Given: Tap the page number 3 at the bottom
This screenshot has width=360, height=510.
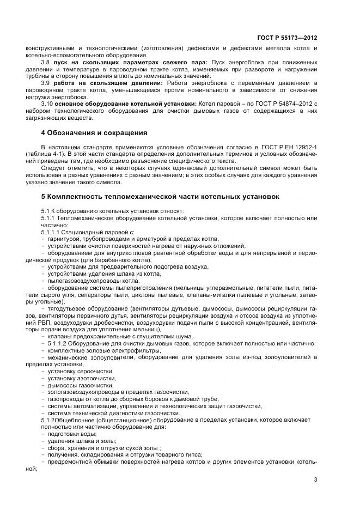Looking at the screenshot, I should point(315,479).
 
